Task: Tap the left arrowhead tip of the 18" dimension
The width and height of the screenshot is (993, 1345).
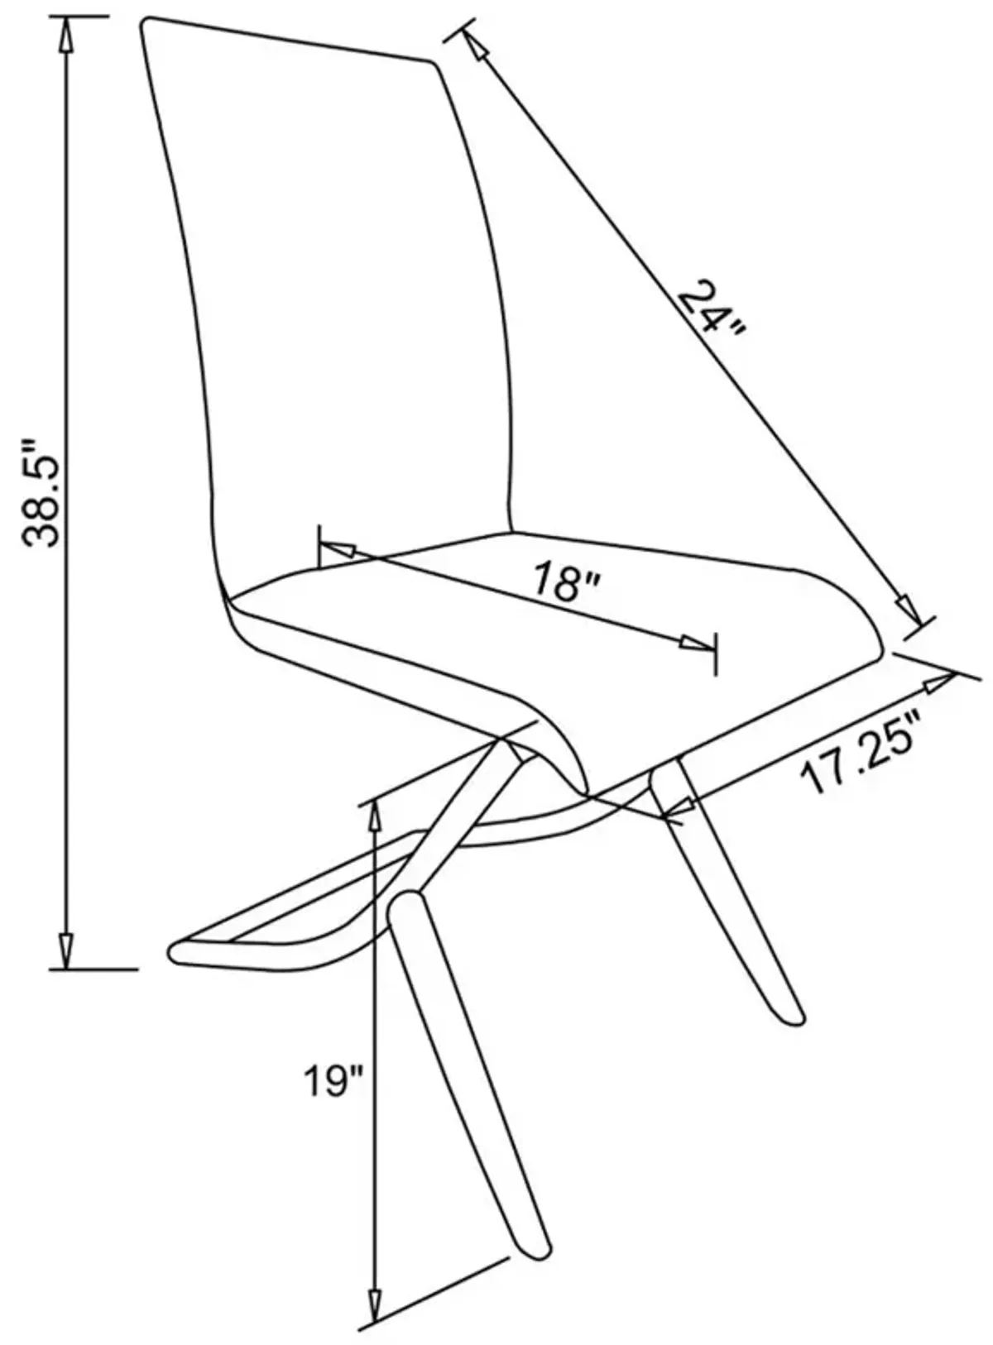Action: [x=319, y=543]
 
